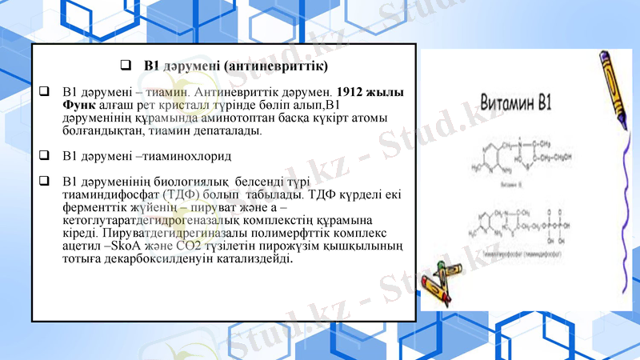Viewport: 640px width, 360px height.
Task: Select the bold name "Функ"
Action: (x=78, y=106)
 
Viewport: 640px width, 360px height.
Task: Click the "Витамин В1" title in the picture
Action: (x=514, y=102)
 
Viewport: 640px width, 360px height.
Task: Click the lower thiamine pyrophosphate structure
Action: (x=520, y=229)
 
